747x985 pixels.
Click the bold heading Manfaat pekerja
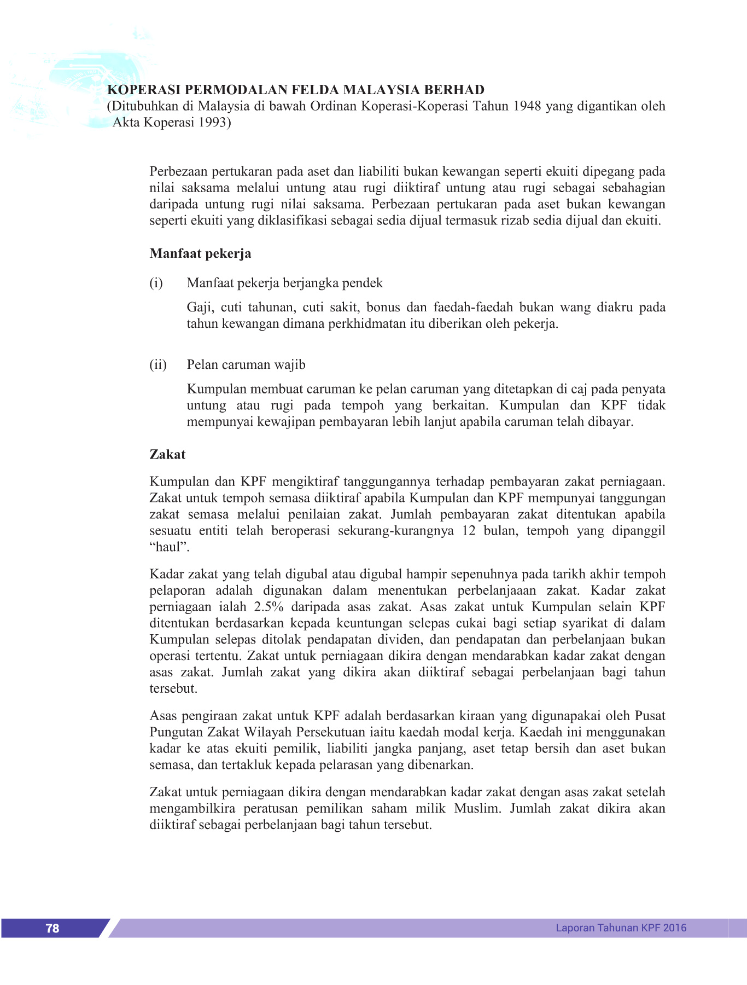click(200, 253)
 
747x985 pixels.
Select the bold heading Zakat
click(167, 454)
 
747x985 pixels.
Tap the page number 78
click(52, 928)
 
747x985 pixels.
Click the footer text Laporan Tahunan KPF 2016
click(621, 928)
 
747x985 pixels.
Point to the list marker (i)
click(156, 283)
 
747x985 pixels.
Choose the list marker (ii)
click(158, 364)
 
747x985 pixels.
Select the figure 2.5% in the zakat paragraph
click(269, 607)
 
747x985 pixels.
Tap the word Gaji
click(200, 307)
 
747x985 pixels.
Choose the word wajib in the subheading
click(290, 364)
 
